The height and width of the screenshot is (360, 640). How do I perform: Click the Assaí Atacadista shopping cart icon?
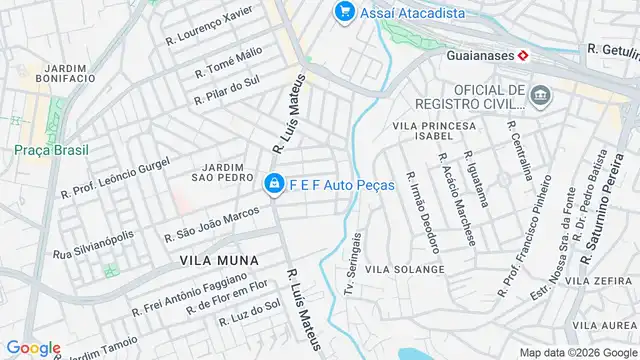[345, 12]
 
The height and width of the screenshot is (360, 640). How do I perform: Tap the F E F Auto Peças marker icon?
[273, 185]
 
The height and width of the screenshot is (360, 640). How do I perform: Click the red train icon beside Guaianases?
[522, 56]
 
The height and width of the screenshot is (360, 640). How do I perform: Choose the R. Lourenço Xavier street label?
[208, 27]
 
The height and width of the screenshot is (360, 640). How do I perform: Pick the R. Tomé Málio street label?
[228, 61]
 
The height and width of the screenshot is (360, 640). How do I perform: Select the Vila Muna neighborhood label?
[219, 260]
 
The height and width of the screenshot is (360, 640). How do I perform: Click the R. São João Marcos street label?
[212, 226]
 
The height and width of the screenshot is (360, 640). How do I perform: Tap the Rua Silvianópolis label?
[93, 246]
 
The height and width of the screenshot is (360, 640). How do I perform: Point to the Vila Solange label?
[405, 270]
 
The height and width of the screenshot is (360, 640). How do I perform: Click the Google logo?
[32, 347]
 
